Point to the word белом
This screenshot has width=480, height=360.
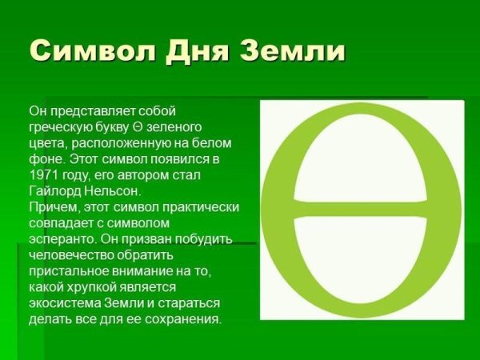212,142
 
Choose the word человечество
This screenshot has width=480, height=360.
70,254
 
